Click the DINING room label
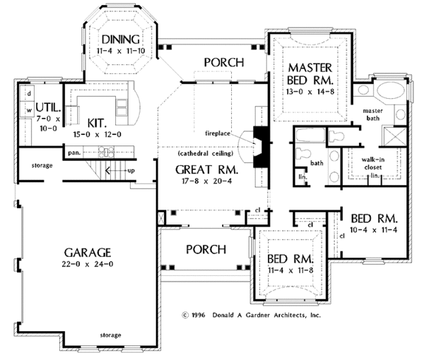(x=123, y=39)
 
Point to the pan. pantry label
(x=73, y=151)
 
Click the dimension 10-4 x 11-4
(x=372, y=230)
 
